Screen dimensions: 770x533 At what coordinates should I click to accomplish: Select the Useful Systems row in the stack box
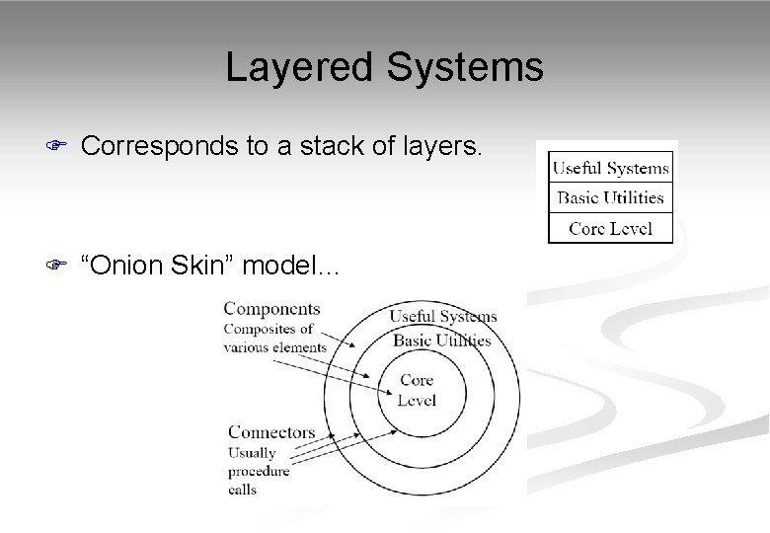tap(610, 168)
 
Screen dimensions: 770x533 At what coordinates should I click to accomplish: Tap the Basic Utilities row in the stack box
tap(610, 197)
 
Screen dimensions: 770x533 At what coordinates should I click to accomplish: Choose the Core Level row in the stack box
tap(610, 228)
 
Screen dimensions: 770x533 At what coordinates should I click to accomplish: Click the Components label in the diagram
tap(271, 309)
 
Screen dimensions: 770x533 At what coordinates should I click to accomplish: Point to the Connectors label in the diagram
tap(271, 432)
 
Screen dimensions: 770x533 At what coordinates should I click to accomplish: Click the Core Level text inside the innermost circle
tap(416, 391)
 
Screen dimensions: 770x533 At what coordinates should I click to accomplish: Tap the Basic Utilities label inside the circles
tap(441, 341)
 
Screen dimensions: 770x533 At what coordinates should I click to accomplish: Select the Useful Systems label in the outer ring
tap(442, 317)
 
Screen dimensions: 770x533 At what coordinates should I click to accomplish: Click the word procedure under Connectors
tap(259, 471)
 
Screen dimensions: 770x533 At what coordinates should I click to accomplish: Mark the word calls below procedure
tap(243, 489)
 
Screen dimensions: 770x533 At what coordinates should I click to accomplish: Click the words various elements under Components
tap(274, 346)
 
